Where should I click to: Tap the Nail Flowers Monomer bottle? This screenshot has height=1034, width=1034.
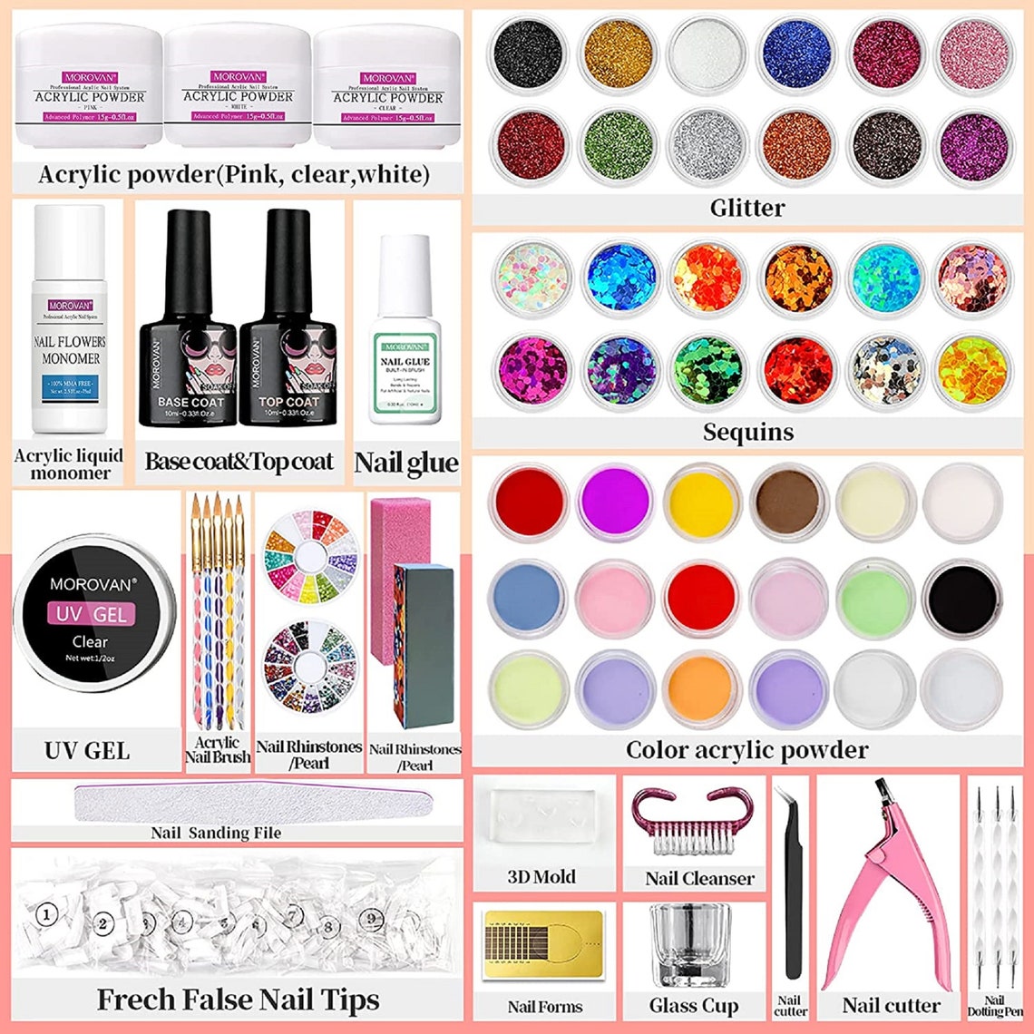[70, 322]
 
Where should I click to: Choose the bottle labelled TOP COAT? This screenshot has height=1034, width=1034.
[288, 336]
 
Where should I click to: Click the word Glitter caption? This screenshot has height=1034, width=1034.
[746, 208]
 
